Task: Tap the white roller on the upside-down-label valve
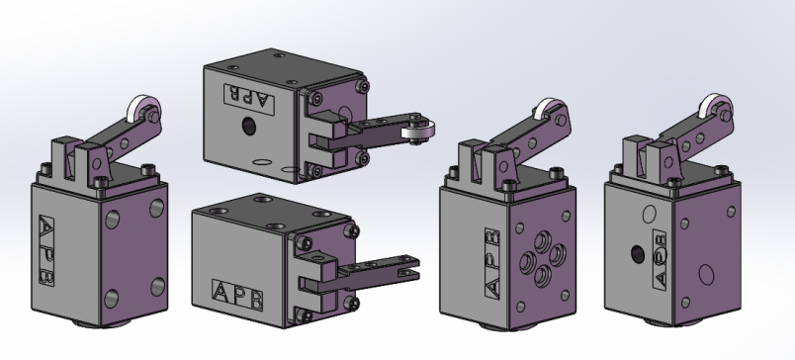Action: click(418, 132)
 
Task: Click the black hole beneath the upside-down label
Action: click(249, 126)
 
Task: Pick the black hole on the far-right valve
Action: click(638, 254)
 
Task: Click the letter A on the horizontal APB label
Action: click(221, 292)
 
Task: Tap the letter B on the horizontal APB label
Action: click(255, 300)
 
